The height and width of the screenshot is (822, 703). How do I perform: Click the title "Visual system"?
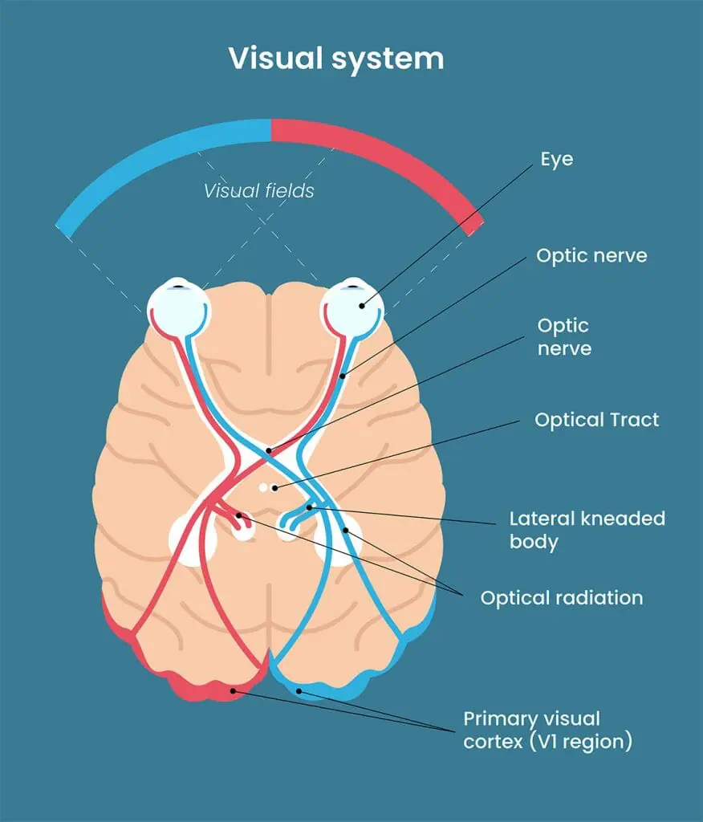click(335, 59)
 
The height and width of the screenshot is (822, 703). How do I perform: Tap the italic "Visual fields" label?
click(258, 191)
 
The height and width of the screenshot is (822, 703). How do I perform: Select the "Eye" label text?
click(557, 159)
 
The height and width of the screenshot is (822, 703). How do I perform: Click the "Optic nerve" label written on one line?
click(591, 256)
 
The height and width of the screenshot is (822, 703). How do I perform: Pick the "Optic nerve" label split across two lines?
click(563, 337)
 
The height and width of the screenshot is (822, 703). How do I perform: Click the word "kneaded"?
click(620, 518)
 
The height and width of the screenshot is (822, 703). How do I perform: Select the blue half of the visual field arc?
click(161, 161)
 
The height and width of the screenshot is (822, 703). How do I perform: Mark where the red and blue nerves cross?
click(265, 454)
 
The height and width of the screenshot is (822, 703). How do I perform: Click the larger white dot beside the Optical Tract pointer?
click(262, 487)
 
